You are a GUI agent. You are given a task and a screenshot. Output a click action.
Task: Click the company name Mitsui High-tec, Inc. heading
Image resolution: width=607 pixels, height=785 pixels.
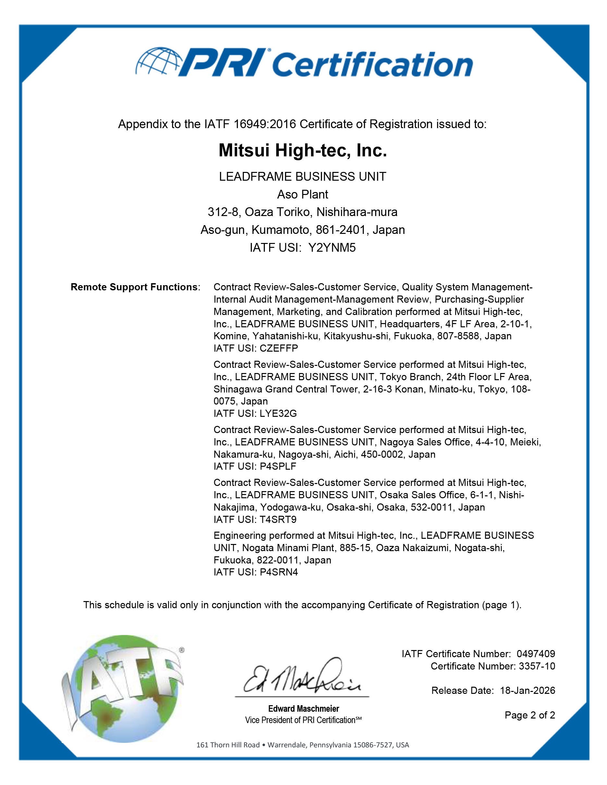303,150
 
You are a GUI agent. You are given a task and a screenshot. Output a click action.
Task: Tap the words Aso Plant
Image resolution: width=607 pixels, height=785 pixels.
303,194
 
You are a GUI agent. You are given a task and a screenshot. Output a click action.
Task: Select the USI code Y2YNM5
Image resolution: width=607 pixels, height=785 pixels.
332,248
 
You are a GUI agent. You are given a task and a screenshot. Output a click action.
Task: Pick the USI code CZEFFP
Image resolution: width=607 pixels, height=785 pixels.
279,348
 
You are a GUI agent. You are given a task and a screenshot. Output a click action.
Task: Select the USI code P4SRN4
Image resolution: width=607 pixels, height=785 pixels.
279,572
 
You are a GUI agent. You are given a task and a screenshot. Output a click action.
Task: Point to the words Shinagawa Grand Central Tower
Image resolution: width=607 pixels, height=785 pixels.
287,389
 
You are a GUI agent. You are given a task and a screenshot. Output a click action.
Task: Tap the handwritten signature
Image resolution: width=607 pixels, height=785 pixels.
302,676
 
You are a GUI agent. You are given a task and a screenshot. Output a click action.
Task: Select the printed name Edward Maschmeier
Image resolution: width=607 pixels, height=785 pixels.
303,708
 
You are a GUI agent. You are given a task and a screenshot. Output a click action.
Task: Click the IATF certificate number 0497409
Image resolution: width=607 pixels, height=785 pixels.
536,654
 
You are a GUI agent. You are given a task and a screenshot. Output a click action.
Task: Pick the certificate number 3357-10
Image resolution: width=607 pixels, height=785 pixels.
537,666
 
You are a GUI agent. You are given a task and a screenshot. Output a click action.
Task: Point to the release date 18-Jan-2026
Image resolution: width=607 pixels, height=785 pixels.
527,691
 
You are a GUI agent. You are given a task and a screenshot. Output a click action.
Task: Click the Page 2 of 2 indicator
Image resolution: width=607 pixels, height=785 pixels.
530,715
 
